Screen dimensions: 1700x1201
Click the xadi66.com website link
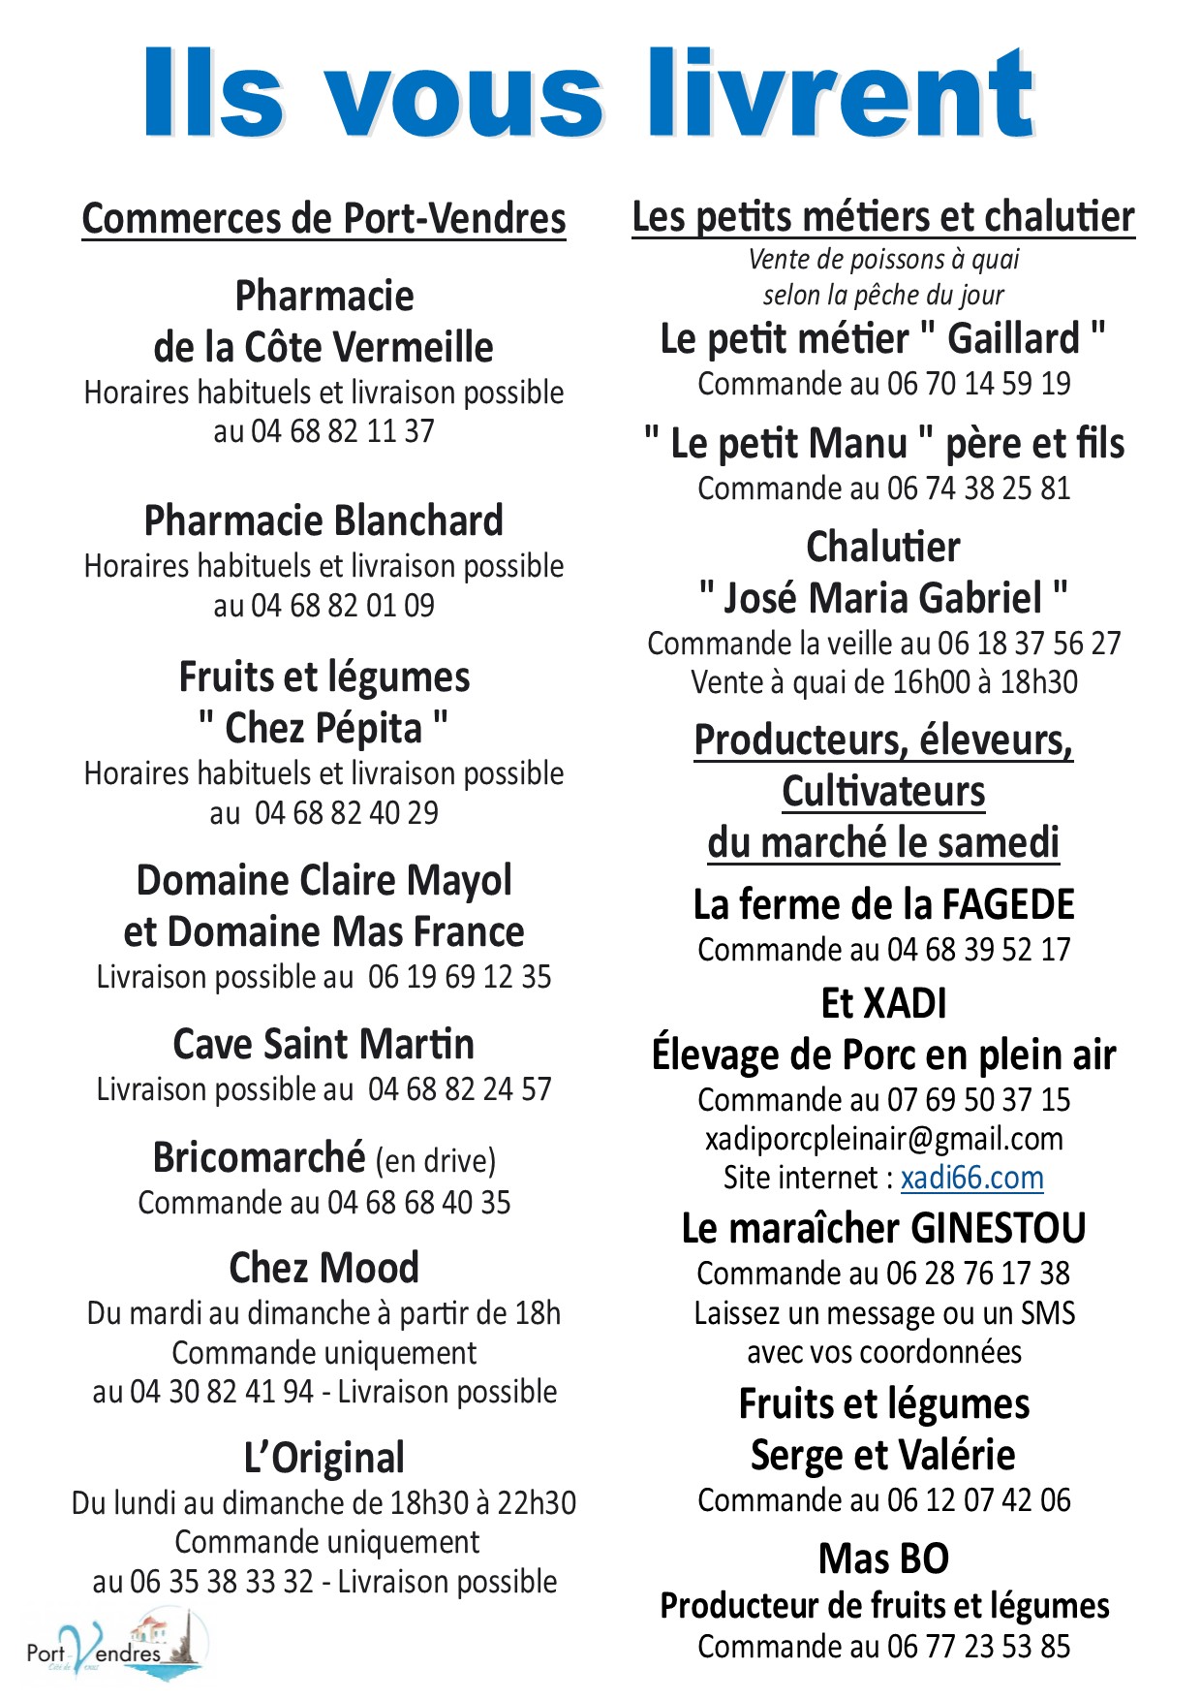[x=971, y=1178]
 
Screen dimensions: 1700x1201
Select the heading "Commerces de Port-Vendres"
[x=323, y=218]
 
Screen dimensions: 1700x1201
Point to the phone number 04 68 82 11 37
[x=343, y=431]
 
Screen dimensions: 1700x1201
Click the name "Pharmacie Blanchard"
[x=323, y=520]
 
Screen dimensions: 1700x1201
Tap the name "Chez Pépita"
[x=323, y=728]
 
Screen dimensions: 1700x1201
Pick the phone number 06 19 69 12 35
[x=459, y=977]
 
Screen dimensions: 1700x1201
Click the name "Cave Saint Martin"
[x=323, y=1045]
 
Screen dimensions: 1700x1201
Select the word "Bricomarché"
[x=259, y=1157]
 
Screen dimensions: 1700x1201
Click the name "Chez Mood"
[x=323, y=1268]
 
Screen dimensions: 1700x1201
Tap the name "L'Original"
[x=323, y=1458]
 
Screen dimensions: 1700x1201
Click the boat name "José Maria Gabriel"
[x=883, y=598]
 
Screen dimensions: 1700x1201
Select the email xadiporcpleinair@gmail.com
[x=883, y=1139]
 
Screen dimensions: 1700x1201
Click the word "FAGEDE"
[x=1008, y=904]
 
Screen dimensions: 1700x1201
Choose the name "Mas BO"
[x=883, y=1558]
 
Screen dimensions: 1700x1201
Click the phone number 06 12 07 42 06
[x=978, y=1500]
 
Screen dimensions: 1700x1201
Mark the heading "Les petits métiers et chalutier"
[x=883, y=217]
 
